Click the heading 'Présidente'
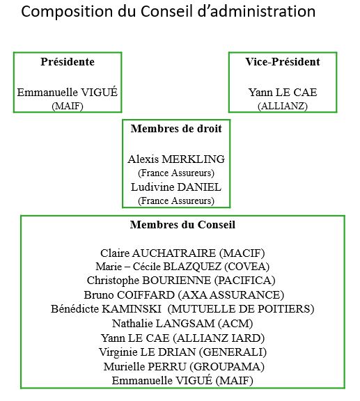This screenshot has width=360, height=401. [68, 62]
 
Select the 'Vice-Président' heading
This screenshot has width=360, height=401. [283, 62]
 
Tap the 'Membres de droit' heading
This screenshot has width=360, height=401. [176, 128]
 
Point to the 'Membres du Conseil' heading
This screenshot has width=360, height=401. [182, 225]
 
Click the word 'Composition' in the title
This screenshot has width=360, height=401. [67, 12]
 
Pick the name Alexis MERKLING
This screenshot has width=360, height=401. [176, 159]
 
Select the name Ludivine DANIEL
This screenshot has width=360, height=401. [176, 187]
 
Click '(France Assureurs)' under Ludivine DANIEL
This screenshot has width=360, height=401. [176, 200]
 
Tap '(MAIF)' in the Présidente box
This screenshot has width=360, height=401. [68, 106]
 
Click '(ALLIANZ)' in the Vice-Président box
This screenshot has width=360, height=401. [283, 106]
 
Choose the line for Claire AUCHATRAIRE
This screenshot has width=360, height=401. [182, 253]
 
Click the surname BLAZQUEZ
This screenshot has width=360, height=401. [192, 267]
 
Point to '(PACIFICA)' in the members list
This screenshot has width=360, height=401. [245, 281]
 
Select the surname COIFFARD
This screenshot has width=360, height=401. [146, 295]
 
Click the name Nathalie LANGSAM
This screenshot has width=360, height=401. [164, 324]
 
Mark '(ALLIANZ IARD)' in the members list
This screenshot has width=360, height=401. [219, 338]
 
